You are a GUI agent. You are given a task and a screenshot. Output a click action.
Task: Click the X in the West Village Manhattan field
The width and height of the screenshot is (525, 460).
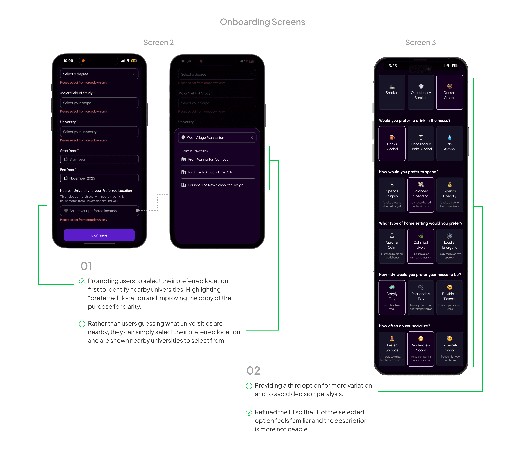click(252, 138)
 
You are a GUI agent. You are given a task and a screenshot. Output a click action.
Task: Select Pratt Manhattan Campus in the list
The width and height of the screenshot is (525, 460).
click(208, 159)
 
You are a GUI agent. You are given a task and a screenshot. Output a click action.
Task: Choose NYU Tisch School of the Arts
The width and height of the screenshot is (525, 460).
click(210, 172)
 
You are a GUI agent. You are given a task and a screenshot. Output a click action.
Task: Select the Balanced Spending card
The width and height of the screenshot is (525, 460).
click(421, 195)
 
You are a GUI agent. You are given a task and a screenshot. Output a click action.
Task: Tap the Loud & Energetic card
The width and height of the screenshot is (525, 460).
click(450, 246)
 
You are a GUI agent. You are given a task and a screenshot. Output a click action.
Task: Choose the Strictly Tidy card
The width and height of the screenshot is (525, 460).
click(392, 297)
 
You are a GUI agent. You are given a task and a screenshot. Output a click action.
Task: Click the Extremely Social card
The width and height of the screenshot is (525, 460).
click(450, 349)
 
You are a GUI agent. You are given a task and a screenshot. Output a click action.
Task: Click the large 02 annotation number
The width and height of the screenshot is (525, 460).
click(253, 370)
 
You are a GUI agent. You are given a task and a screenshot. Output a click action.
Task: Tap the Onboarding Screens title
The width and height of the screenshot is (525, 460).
click(262, 22)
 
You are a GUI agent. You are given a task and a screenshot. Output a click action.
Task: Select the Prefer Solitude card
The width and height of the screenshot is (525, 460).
click(392, 349)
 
